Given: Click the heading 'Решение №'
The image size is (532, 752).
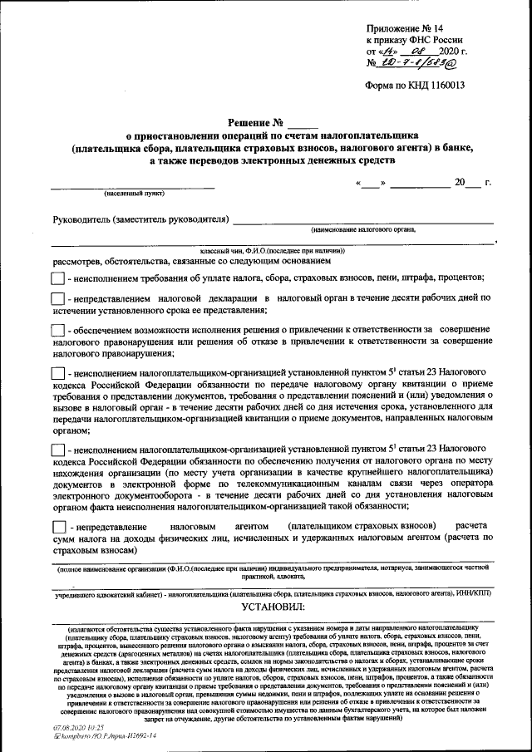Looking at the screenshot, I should pyautogui.click(x=254, y=123).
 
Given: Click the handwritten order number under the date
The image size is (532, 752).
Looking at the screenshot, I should pyautogui.click(x=417, y=61).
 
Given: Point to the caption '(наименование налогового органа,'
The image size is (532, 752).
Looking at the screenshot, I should pyautogui.click(x=363, y=229).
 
